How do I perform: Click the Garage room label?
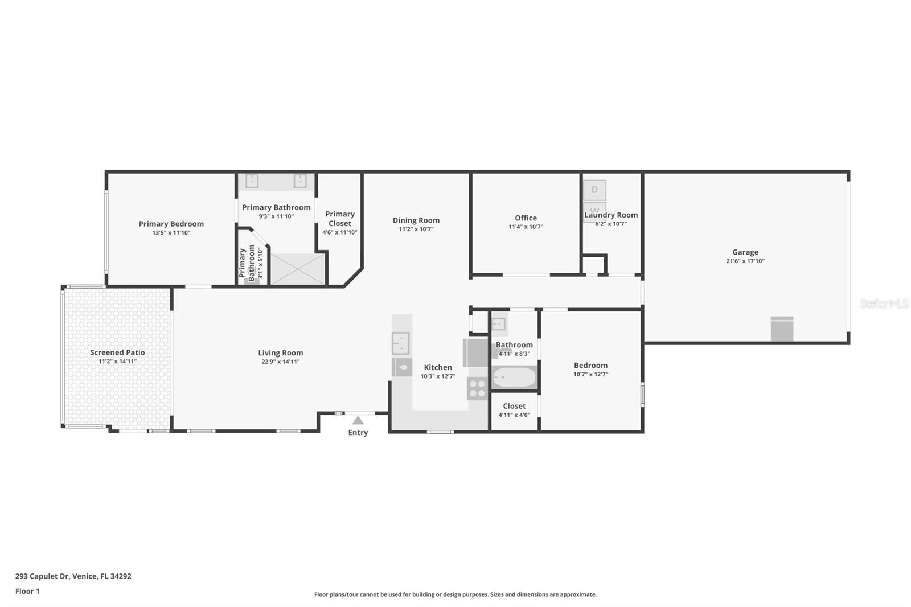click(x=745, y=252)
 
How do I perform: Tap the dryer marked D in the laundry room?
click(x=594, y=190)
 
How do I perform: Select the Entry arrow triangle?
click(x=358, y=420)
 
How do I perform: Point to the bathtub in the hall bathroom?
click(x=514, y=378)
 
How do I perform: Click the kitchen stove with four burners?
click(x=477, y=388)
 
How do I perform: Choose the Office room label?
click(x=526, y=218)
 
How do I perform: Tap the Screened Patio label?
click(x=117, y=352)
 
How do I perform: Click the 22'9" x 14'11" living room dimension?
click(x=280, y=362)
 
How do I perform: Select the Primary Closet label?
click(x=339, y=219)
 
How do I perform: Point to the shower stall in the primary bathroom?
click(x=298, y=269)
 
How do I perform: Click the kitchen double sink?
click(x=401, y=343)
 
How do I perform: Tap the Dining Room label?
click(x=416, y=220)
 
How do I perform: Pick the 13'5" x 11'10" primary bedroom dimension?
click(x=171, y=233)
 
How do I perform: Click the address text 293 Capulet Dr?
click(x=42, y=576)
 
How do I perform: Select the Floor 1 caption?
click(x=27, y=591)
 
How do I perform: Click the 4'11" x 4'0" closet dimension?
click(x=514, y=415)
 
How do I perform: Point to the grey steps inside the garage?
click(x=782, y=329)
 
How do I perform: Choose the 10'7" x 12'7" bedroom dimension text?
click(x=590, y=374)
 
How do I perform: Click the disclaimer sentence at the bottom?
click(x=455, y=594)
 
